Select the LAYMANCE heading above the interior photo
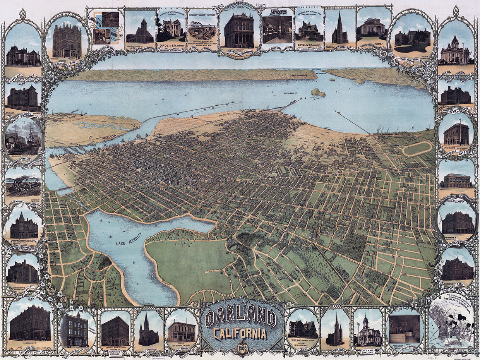(x=277, y=12)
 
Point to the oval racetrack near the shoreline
(x=417, y=148)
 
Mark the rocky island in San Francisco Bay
(x=318, y=93)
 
